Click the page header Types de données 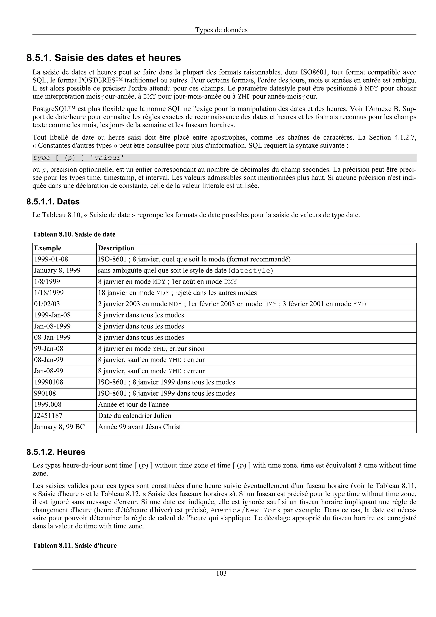(x=221, y=30)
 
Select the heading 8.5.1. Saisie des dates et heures (x=104, y=58)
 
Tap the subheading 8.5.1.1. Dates (x=53, y=202)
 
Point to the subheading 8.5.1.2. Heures (x=56, y=452)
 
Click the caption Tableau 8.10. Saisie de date (x=74, y=234)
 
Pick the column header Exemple (x=47, y=248)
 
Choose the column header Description (x=116, y=248)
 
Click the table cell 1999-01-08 (x=51, y=259)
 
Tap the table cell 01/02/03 (x=47, y=304)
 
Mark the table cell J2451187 (x=48, y=416)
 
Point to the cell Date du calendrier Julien (x=135, y=416)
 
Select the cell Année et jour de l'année (x=133, y=405)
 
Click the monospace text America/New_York (x=245, y=510)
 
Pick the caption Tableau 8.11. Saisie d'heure (x=75, y=545)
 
